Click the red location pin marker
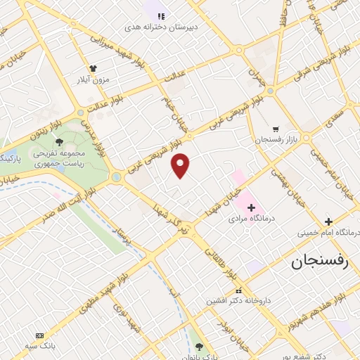(x=181, y=165)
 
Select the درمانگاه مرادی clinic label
(x=252, y=219)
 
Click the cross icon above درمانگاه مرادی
(x=251, y=207)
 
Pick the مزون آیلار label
(x=93, y=79)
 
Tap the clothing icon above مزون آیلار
(x=93, y=68)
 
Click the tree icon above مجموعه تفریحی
(x=68, y=142)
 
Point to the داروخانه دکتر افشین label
(x=238, y=300)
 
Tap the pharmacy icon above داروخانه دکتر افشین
(x=238, y=290)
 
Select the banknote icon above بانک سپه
(x=39, y=335)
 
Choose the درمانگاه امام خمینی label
(x=328, y=232)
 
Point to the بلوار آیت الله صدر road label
(x=49, y=213)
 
